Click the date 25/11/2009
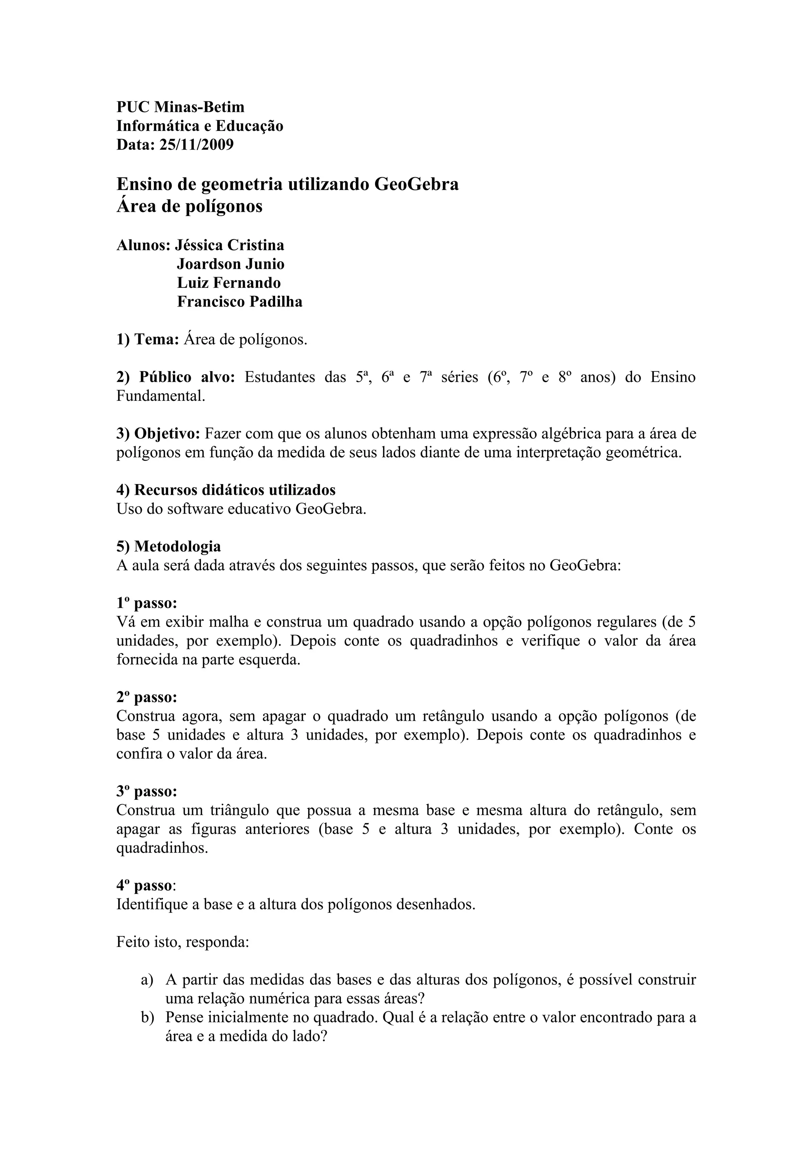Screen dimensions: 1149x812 [x=196, y=145]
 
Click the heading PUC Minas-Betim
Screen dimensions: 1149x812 [x=181, y=107]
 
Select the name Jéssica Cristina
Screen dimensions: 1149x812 [x=230, y=245]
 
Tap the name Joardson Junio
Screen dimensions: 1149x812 [x=231, y=264]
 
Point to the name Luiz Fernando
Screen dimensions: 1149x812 [x=229, y=283]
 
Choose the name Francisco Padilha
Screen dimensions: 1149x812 [x=239, y=302]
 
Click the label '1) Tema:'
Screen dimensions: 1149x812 [x=147, y=340]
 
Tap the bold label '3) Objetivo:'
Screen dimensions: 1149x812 [x=159, y=433]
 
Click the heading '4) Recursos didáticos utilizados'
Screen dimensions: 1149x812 [x=226, y=490]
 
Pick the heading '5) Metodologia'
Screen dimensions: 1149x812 [x=169, y=546]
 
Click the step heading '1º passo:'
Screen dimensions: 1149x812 [x=147, y=603]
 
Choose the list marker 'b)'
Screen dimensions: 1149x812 [x=147, y=1017]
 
